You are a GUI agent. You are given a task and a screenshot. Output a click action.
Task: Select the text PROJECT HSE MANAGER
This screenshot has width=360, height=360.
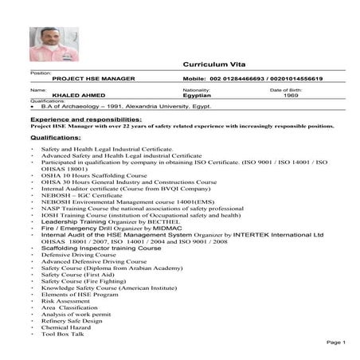[x=93, y=80]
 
